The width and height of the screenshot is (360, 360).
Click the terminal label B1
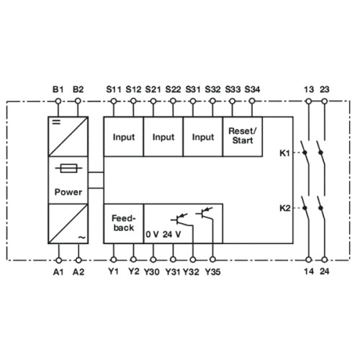pos(58,89)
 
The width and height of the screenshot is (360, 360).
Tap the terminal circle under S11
pos(114,102)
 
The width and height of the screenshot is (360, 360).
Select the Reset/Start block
pos(243,137)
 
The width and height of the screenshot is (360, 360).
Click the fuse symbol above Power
pos(68,168)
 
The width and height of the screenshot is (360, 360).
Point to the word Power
pos(68,192)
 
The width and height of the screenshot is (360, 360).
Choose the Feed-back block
pos(124,223)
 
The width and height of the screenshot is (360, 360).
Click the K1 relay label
pos(284,153)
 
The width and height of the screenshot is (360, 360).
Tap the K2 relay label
pos(284,208)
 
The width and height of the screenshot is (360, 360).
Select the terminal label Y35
pos(212,272)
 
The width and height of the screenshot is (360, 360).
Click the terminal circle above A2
pos(78,260)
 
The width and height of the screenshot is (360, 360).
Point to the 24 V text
pos(171,234)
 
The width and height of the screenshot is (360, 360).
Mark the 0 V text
pos(152,234)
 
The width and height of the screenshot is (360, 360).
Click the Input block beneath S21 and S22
pos(163,137)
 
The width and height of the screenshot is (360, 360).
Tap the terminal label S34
pos(252,89)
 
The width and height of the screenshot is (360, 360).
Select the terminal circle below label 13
pos(309,102)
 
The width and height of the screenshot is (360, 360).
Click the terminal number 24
pos(325,271)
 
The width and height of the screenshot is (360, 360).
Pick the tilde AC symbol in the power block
pos(81,238)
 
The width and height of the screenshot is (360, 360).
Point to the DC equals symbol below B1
pos(56,122)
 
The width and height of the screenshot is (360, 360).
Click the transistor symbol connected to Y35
pos(204,213)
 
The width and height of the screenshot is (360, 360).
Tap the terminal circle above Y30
pos(153,259)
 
